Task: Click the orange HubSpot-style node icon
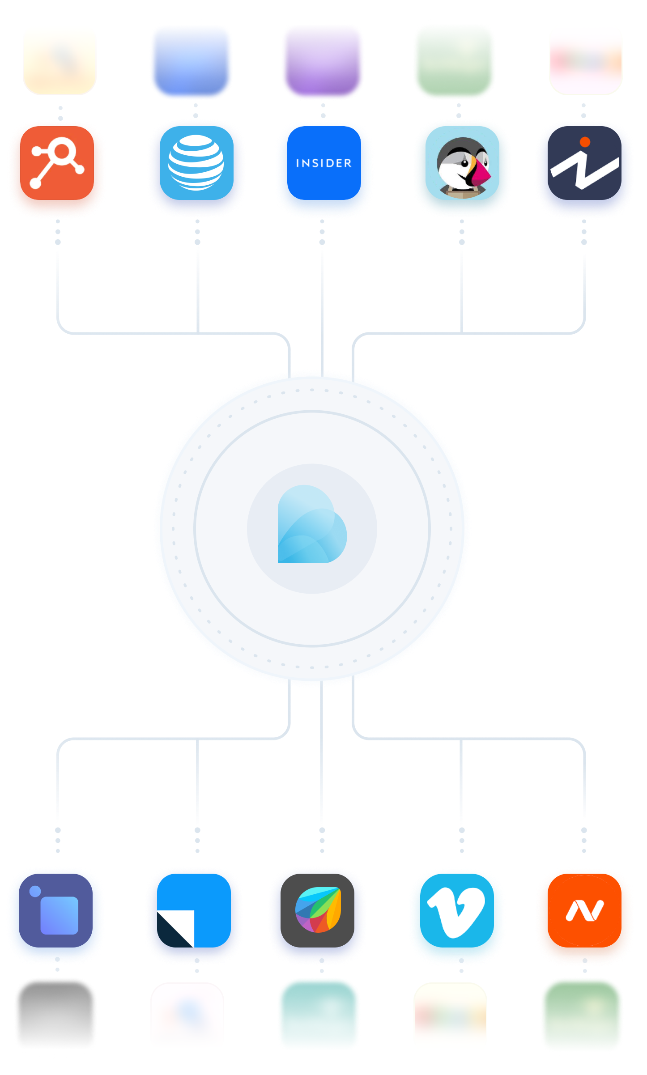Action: [x=57, y=163]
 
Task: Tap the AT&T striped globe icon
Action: [x=196, y=162]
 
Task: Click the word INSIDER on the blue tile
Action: [x=324, y=163]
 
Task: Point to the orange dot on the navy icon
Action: [x=585, y=142]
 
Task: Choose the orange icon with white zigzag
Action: [x=584, y=911]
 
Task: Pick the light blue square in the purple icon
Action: [x=60, y=915]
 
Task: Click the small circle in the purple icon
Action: [x=35, y=891]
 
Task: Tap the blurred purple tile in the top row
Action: [x=323, y=63]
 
